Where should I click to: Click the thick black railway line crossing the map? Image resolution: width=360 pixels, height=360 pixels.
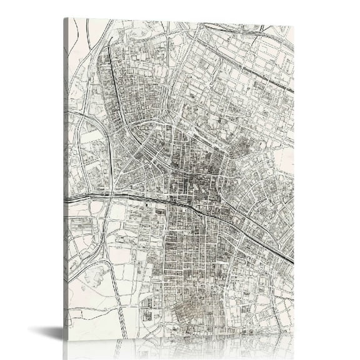[187, 206]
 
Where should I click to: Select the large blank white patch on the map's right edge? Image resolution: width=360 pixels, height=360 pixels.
[284, 159]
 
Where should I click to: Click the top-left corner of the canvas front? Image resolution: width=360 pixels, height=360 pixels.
[69, 19]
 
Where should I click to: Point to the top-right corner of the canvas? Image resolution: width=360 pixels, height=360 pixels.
[293, 27]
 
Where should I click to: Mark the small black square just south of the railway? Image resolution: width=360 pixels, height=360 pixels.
[148, 206]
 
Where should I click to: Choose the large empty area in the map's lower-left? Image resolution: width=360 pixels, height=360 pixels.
[87, 306]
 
